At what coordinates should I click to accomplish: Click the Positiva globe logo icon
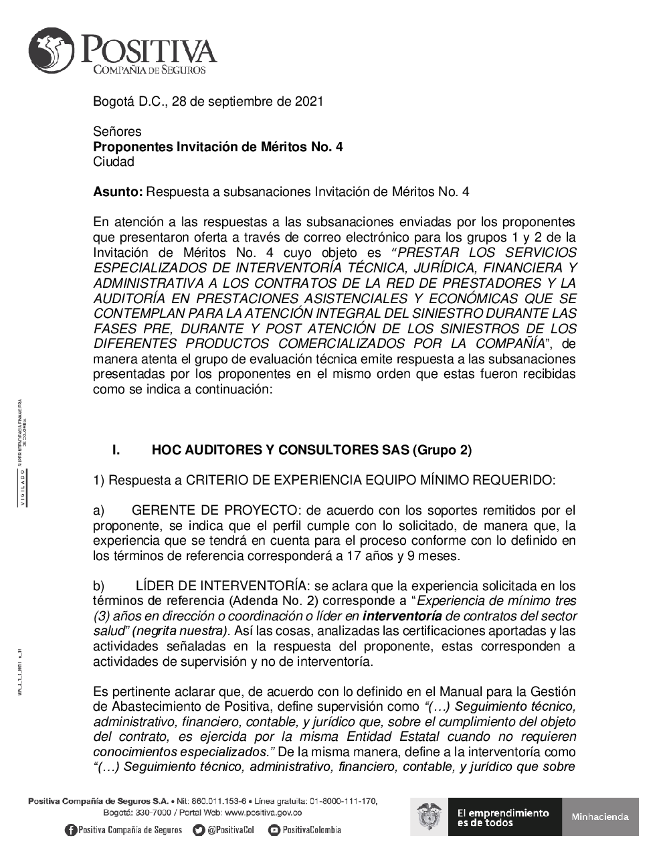pos(53,51)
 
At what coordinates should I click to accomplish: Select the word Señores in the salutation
pos(117,132)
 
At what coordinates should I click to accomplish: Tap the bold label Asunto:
pos(118,192)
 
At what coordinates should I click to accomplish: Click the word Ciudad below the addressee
pos(114,162)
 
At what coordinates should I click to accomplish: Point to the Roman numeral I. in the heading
pos(116,450)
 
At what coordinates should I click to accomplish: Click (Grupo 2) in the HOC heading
pos(441,450)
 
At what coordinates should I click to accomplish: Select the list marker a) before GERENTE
pos(99,511)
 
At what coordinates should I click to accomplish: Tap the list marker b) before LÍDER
pos(99,586)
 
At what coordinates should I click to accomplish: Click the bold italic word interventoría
pos(402,616)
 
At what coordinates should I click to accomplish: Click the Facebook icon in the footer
pos(71,831)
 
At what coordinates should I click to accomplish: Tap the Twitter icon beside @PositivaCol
pos(198,831)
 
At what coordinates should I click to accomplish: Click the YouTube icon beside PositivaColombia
pos(274,831)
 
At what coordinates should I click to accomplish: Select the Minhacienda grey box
pos(600,816)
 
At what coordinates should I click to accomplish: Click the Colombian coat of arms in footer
pos(429,816)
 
